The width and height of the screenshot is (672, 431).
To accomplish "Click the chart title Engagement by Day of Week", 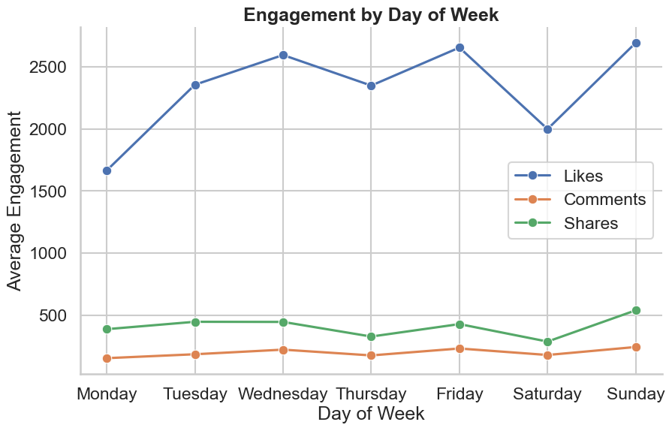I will pyautogui.click(x=371, y=14).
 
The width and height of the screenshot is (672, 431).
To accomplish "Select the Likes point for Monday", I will pyautogui.click(x=107, y=170).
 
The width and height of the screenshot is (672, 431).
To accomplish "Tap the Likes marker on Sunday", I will pyautogui.click(x=636, y=43).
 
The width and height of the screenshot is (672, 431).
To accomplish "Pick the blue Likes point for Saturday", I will pyautogui.click(x=547, y=129).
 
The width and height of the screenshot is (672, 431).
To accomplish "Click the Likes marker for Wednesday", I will pyautogui.click(x=283, y=55).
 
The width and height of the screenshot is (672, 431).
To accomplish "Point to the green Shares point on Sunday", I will pyautogui.click(x=636, y=310).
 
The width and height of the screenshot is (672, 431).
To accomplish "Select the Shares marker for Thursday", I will pyautogui.click(x=371, y=336).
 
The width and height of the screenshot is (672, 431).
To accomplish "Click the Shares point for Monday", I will pyautogui.click(x=107, y=329).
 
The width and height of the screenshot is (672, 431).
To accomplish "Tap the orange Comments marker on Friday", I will pyautogui.click(x=460, y=348).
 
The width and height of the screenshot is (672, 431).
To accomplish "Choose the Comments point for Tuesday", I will pyautogui.click(x=195, y=354).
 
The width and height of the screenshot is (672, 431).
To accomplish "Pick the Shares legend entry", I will pyautogui.click(x=590, y=223).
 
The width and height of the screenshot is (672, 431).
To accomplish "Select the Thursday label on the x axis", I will pyautogui.click(x=371, y=394).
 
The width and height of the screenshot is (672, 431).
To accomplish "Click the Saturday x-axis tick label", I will pyautogui.click(x=547, y=394).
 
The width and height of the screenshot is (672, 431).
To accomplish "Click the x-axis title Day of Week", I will pyautogui.click(x=371, y=414).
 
